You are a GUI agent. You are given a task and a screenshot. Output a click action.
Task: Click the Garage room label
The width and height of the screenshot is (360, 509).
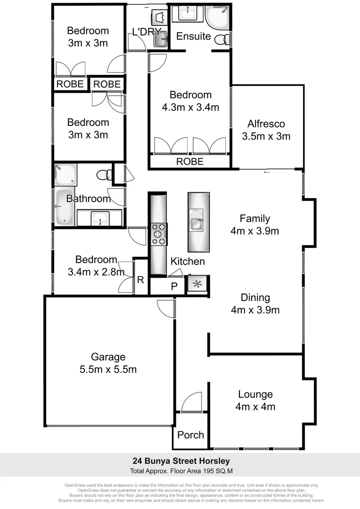[108, 357]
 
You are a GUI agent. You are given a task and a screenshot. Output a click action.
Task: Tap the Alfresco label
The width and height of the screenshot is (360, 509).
[266, 124]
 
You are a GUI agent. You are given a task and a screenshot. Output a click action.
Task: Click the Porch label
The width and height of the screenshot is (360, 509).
[191, 435]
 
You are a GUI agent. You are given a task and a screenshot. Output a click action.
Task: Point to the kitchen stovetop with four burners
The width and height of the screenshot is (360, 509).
[159, 234]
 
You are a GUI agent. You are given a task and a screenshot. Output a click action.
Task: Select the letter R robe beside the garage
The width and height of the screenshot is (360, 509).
[140, 279]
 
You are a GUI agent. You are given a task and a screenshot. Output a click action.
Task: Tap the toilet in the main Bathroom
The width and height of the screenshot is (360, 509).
[104, 175]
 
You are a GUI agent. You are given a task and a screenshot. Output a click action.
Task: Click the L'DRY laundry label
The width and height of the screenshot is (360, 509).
[147, 33]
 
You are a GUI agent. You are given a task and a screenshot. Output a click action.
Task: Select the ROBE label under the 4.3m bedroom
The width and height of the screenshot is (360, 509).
[190, 162]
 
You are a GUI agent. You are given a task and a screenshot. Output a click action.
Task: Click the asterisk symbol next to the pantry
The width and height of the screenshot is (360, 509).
[197, 284]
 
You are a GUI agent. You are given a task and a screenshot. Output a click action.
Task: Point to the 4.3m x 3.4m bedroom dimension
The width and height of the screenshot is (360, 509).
[190, 107]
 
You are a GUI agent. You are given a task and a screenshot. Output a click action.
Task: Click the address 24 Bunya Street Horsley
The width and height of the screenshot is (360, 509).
[180, 461]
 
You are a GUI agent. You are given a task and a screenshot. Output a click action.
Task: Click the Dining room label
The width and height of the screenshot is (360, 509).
[255, 297]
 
